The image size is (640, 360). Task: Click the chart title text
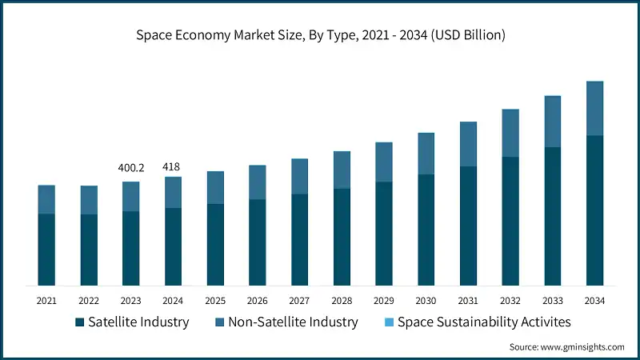[320, 35]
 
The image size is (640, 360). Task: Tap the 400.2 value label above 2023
[130, 167]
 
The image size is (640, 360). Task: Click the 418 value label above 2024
[172, 166]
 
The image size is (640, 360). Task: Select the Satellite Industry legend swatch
[79, 322]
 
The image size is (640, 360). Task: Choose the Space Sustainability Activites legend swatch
[389, 322]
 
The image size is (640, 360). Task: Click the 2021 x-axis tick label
[46, 301]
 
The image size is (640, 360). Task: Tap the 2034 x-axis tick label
[594, 301]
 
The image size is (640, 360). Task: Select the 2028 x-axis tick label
[342, 301]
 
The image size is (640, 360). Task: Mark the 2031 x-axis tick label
[468, 301]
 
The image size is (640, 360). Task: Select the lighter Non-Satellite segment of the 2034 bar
[594, 108]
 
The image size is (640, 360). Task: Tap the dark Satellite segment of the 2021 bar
[46, 250]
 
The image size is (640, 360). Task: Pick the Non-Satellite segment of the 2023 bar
[130, 196]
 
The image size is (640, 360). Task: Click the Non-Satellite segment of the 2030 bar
[426, 154]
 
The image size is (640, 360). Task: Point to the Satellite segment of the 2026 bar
[257, 242]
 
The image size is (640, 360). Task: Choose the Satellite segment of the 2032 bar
[510, 222]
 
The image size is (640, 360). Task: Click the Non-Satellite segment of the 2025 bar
[215, 187]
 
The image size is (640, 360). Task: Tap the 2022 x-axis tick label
[88, 301]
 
